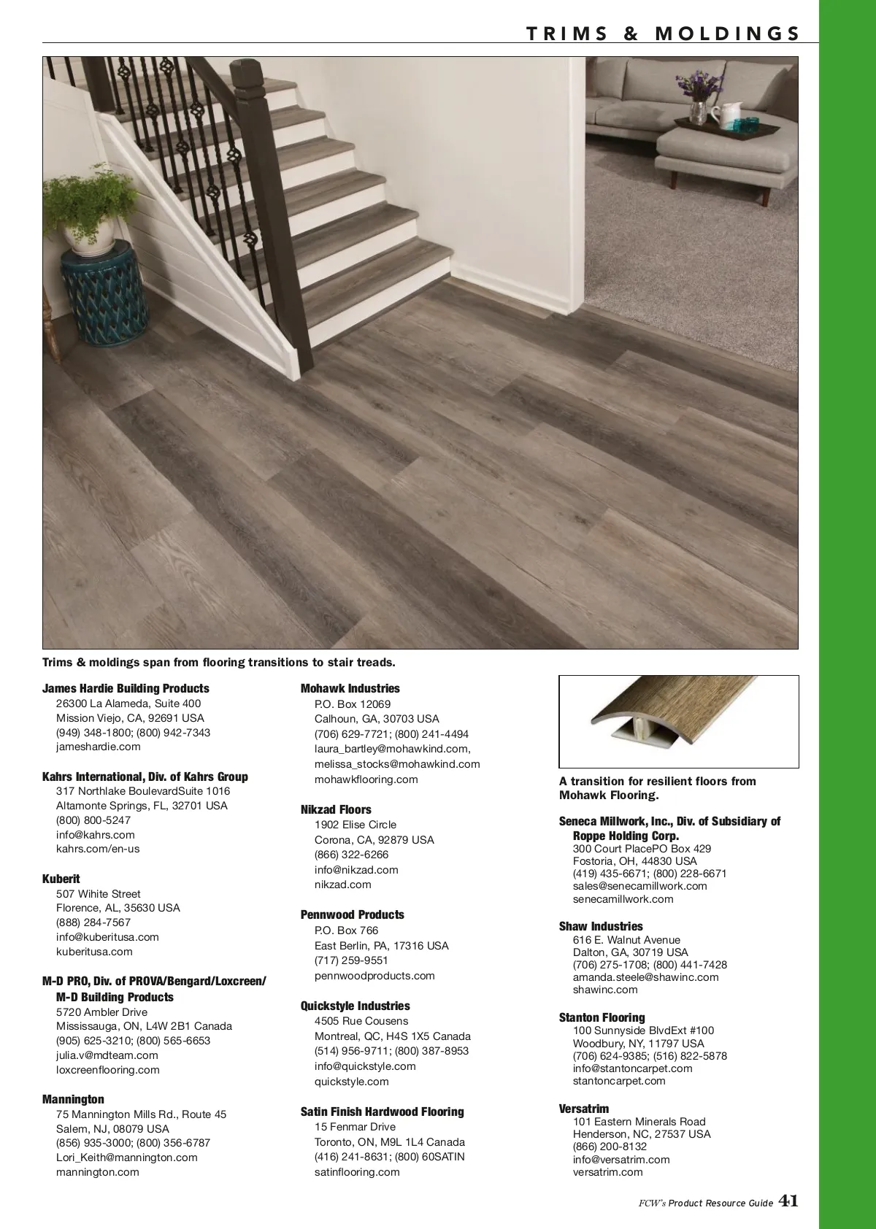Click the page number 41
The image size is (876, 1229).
pos(788,1201)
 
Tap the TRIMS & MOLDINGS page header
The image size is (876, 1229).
pos(663,34)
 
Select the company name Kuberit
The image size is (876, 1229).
pos(61,879)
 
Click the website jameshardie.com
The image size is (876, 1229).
pos(99,747)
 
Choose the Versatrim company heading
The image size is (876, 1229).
pos(584,1109)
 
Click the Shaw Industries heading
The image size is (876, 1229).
pos(601,926)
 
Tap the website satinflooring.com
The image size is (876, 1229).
pos(357,1172)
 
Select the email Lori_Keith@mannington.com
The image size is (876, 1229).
pos(127,1157)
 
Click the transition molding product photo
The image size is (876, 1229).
pos(678,722)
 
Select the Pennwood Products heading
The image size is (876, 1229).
pos(352,914)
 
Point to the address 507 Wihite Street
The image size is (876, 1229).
pos(99,894)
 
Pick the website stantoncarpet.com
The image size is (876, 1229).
pos(619,1081)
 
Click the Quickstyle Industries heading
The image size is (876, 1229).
pos(355,1006)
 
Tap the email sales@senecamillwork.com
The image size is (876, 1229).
pos(640,886)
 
